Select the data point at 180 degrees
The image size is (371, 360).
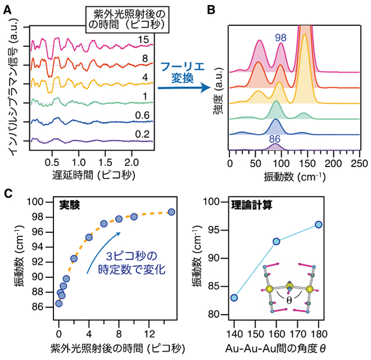(x=319, y=224)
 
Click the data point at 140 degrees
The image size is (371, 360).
(x=234, y=298)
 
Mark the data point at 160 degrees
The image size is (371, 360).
(x=277, y=241)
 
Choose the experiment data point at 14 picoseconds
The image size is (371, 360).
(x=171, y=212)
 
